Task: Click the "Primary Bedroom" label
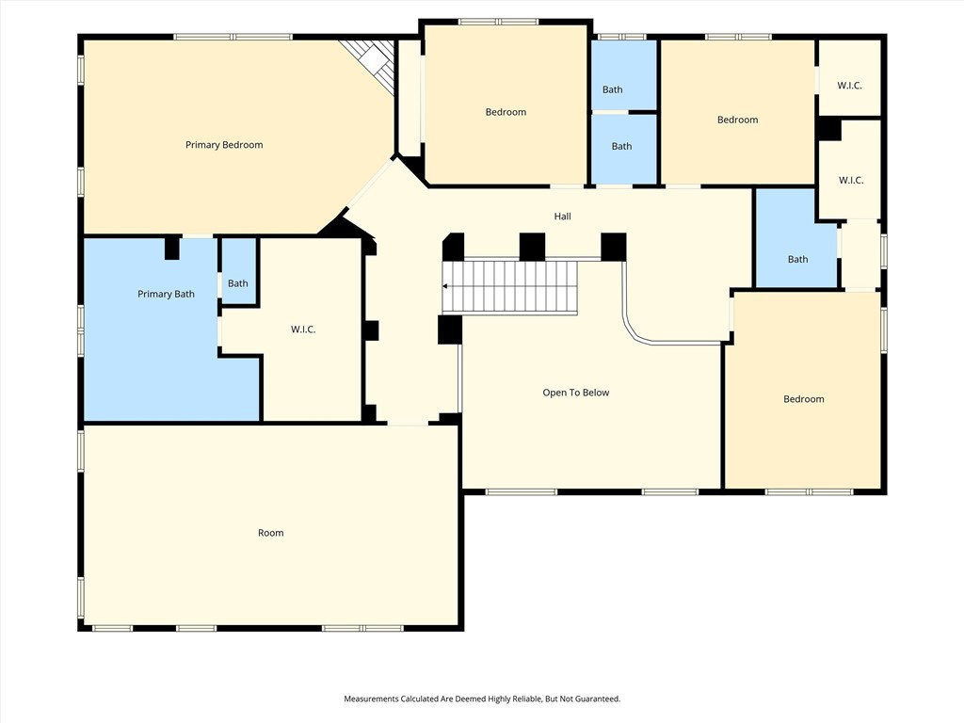(x=224, y=145)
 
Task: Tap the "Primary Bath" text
(x=166, y=294)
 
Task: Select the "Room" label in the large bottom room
(x=270, y=533)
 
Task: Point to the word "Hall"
(x=562, y=217)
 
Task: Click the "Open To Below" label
(x=575, y=393)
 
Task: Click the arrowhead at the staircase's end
(x=447, y=287)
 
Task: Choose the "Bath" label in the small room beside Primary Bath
(x=237, y=283)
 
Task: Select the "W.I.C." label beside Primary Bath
(x=302, y=329)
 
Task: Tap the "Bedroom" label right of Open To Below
(x=803, y=399)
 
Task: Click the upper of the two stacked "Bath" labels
(x=612, y=89)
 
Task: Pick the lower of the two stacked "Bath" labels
(x=621, y=146)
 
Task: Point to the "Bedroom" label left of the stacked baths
(x=506, y=112)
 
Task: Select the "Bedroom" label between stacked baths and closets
(x=737, y=120)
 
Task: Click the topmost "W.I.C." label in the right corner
(x=849, y=85)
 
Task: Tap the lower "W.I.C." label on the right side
(x=850, y=180)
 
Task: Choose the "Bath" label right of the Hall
(x=797, y=260)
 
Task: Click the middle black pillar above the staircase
(x=532, y=247)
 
